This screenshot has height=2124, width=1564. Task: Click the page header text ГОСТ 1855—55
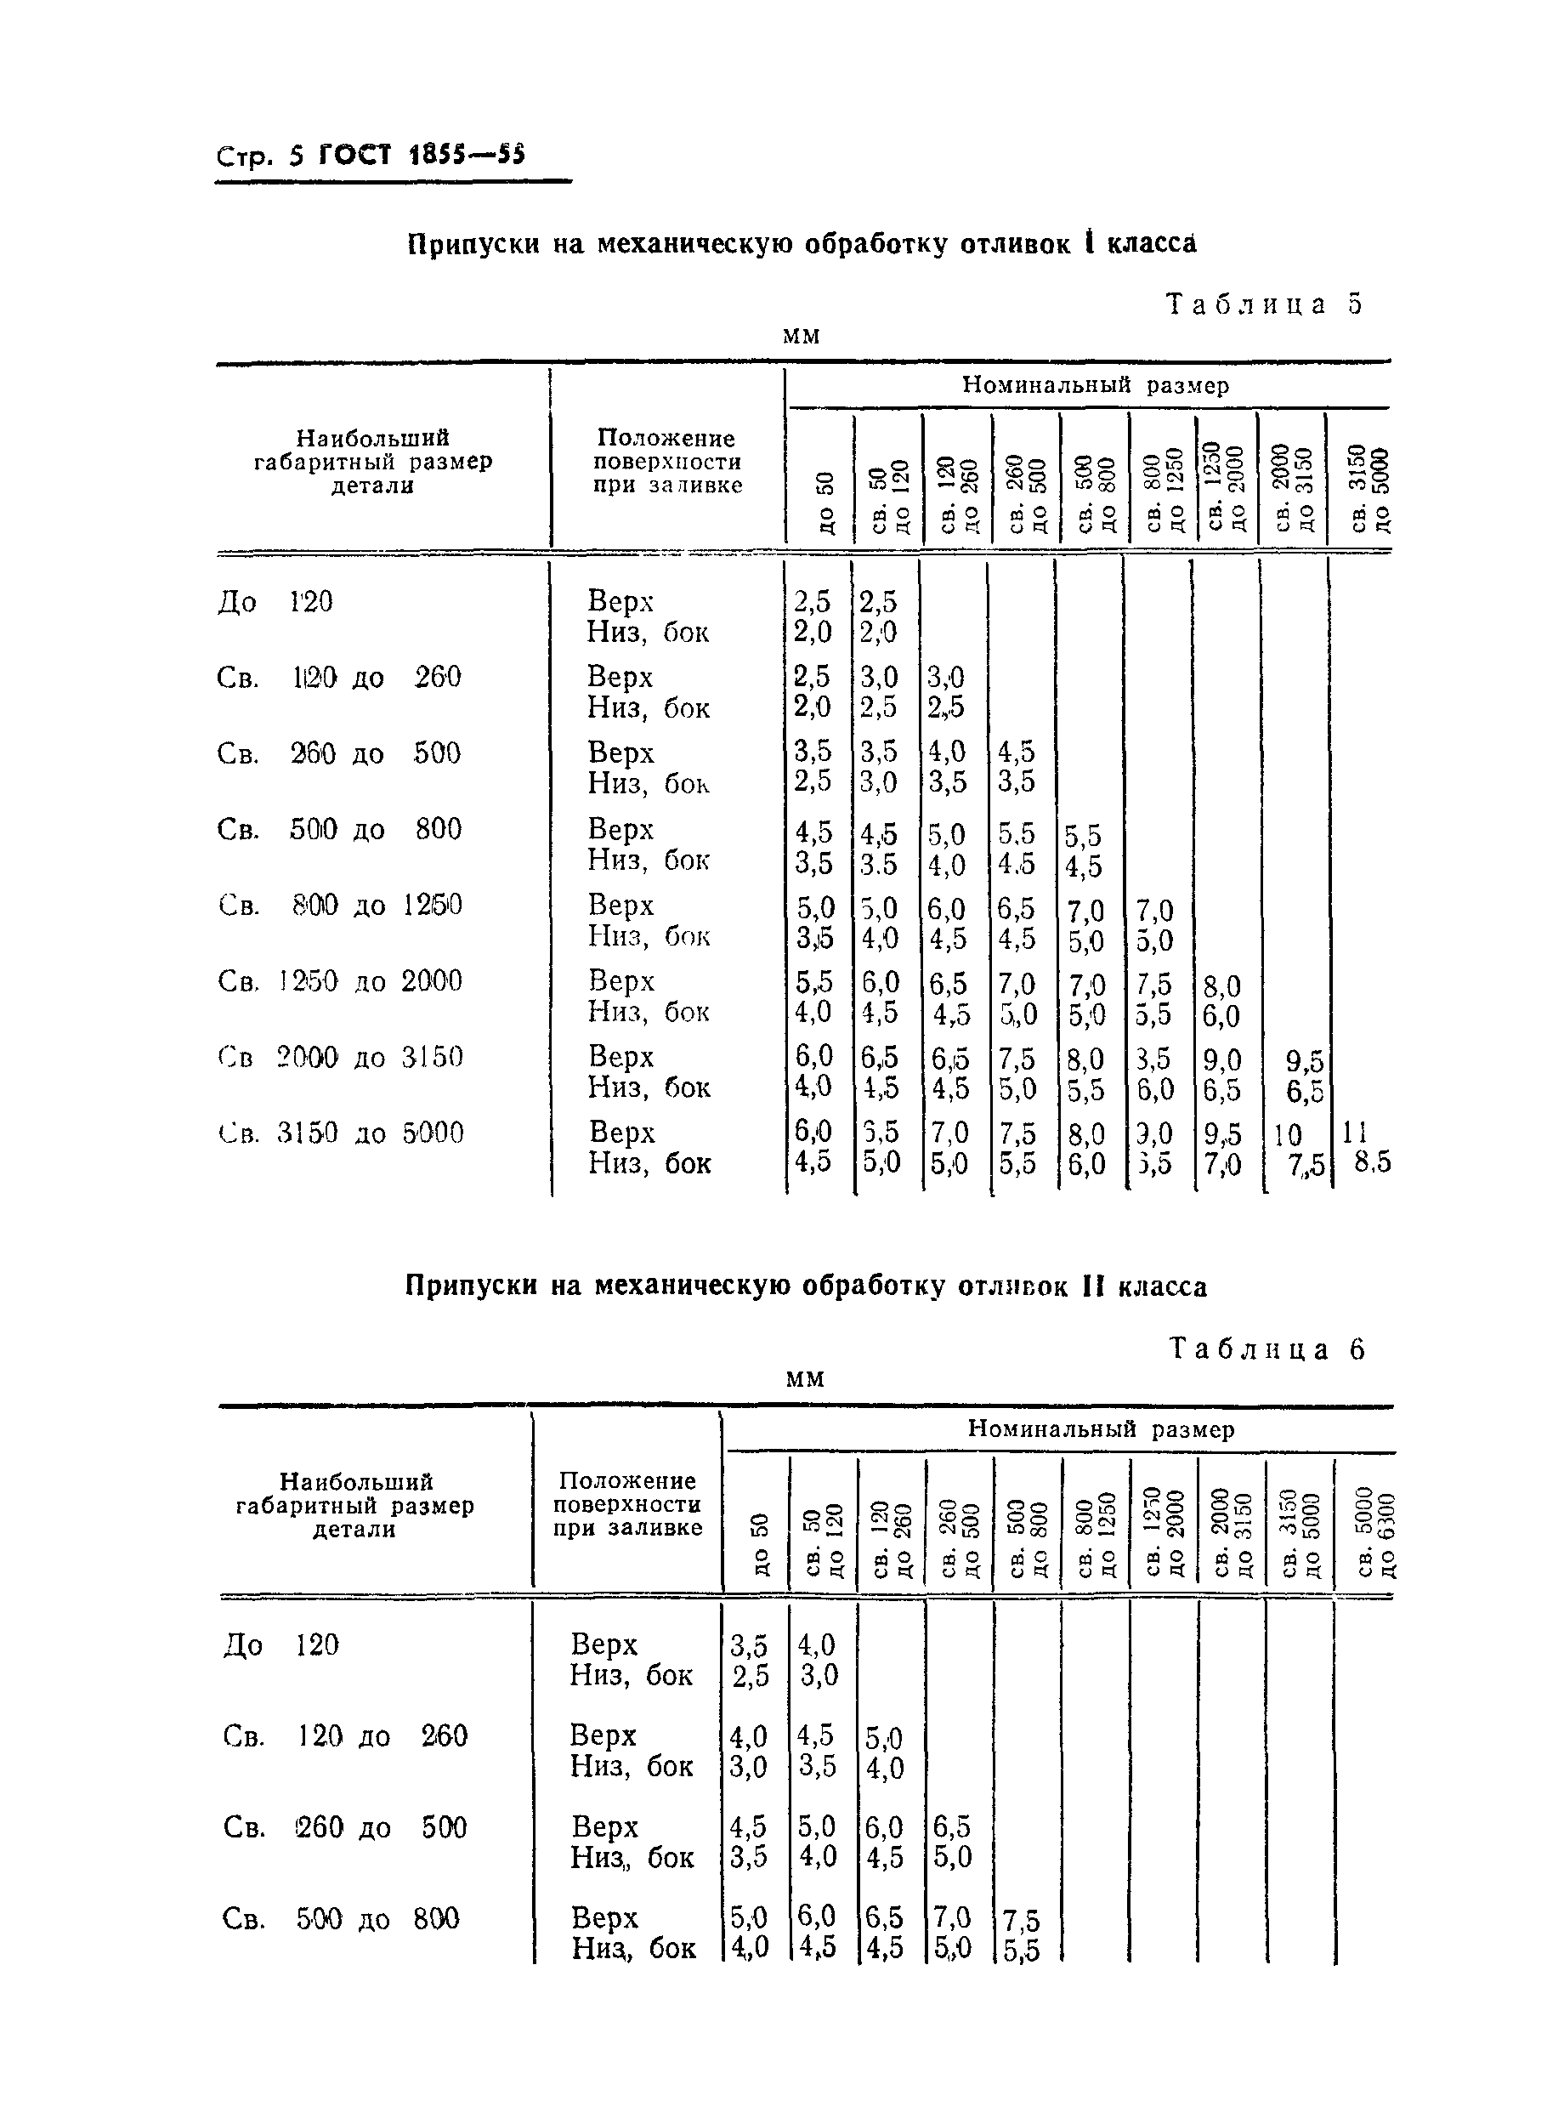click(422, 156)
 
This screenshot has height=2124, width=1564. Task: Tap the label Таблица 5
click(1265, 304)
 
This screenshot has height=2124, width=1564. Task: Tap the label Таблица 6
click(1267, 1349)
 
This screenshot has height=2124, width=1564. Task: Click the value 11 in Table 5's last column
click(1356, 1133)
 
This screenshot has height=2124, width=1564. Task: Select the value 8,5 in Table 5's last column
click(1372, 1163)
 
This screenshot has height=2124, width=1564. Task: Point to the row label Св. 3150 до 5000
click(341, 1133)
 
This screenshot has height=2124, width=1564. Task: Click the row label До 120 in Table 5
click(275, 602)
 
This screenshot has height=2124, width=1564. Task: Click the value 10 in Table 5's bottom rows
click(1288, 1135)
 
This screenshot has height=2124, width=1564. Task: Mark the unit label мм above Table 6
click(805, 1379)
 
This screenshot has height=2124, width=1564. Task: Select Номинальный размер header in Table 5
click(1096, 385)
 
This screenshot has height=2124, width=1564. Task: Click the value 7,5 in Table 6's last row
click(1021, 1922)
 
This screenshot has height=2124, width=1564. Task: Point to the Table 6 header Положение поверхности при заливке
click(627, 1505)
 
